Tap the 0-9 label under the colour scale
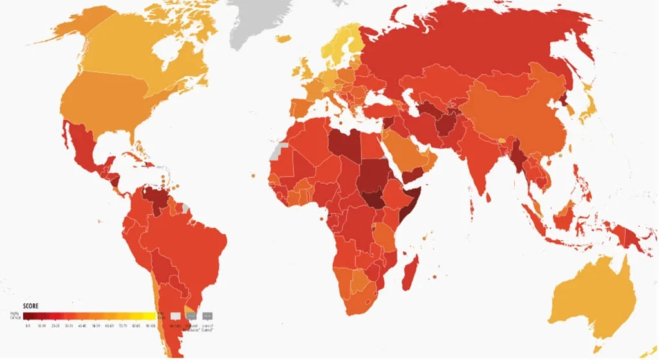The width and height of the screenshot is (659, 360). pyautogui.click(x=28, y=327)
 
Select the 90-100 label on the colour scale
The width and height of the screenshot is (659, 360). pyautogui.click(x=150, y=327)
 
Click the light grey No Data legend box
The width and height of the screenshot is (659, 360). pyautogui.click(x=175, y=316)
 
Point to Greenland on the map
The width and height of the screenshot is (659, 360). pyautogui.click(x=257, y=19)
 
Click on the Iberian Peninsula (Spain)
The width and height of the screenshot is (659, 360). pyautogui.click(x=301, y=107)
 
